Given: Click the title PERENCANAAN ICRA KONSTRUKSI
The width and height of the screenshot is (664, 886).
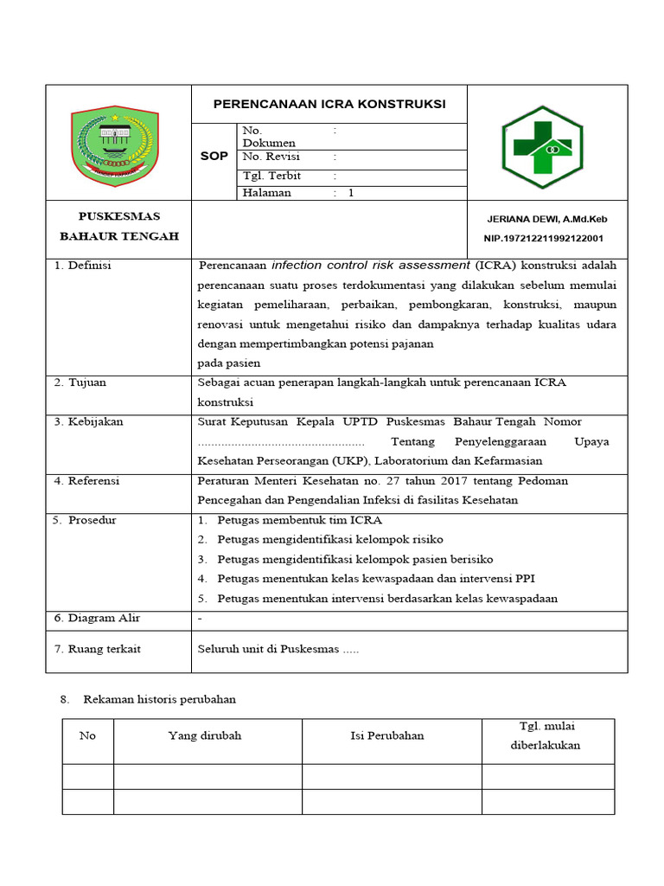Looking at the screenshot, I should (x=329, y=104).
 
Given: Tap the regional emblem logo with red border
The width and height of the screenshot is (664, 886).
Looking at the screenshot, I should (x=114, y=145).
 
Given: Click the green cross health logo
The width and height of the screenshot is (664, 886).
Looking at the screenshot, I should (x=542, y=147).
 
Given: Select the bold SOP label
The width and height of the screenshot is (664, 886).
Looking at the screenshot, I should (x=214, y=157).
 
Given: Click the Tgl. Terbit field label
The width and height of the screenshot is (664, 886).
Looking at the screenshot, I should (x=271, y=176).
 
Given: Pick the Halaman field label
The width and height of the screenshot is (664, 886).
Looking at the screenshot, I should (x=267, y=193).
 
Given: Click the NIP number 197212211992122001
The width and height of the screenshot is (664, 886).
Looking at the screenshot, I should (x=543, y=238).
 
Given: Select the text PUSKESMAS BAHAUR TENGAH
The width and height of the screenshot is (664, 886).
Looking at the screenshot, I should (x=118, y=226).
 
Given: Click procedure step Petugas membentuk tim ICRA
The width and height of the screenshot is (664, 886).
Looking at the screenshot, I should (x=299, y=520).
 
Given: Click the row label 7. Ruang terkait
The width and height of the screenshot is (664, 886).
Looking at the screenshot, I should (x=98, y=649).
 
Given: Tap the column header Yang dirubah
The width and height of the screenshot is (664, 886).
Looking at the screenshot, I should (x=205, y=735).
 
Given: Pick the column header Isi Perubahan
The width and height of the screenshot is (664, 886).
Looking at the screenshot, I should (x=387, y=735).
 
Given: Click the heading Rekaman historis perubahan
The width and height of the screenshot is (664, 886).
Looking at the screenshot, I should (x=159, y=698).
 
